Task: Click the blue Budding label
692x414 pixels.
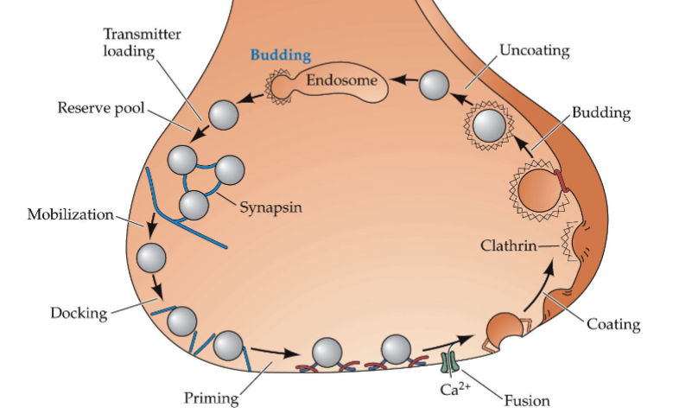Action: click(x=280, y=54)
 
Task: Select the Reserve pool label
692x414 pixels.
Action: click(x=101, y=108)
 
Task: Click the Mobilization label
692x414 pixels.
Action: click(x=71, y=213)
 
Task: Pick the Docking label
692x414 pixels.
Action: click(x=78, y=312)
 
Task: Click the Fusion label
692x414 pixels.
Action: click(x=527, y=400)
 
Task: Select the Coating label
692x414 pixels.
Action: click(x=613, y=324)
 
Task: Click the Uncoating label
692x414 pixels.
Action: click(x=534, y=50)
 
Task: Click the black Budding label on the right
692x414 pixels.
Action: click(x=601, y=113)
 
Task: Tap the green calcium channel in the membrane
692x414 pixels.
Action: click(x=448, y=361)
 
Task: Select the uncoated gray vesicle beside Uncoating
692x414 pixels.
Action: click(x=435, y=86)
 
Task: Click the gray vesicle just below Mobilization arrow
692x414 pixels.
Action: click(x=152, y=258)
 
